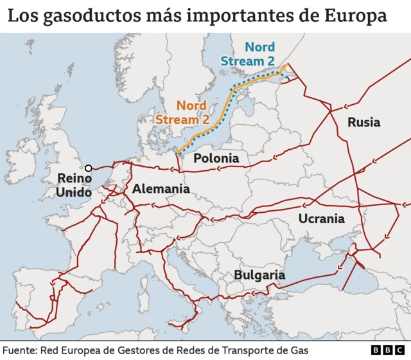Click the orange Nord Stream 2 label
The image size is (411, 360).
click(x=182, y=112)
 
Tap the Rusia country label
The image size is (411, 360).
click(x=363, y=122)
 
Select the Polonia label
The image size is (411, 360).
click(x=216, y=158)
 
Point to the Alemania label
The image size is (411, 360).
click(x=161, y=189)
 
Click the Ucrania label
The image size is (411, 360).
click(x=321, y=219)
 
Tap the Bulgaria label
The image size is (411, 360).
click(x=259, y=274)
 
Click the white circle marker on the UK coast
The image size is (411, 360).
click(x=88, y=168)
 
